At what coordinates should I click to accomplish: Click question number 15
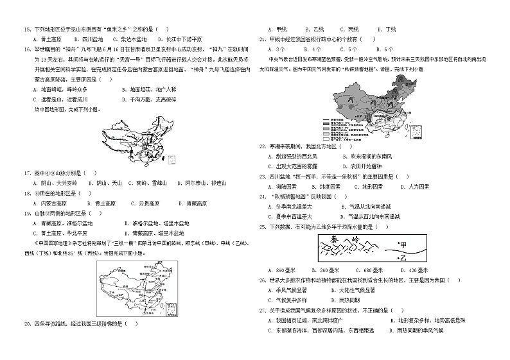(27, 30)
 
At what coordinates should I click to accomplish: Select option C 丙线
(352, 30)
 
